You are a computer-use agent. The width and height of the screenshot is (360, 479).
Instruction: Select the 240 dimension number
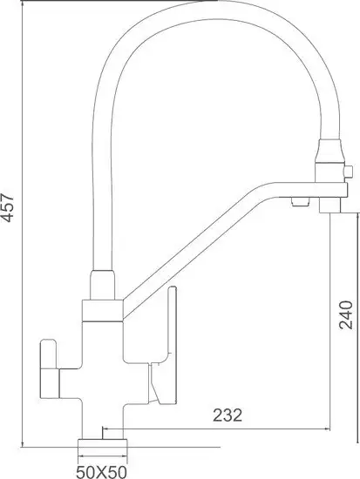point(345,316)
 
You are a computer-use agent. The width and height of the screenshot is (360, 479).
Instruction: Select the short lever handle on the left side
point(48,366)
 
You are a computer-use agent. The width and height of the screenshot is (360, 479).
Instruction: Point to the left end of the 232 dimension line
point(105,428)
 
